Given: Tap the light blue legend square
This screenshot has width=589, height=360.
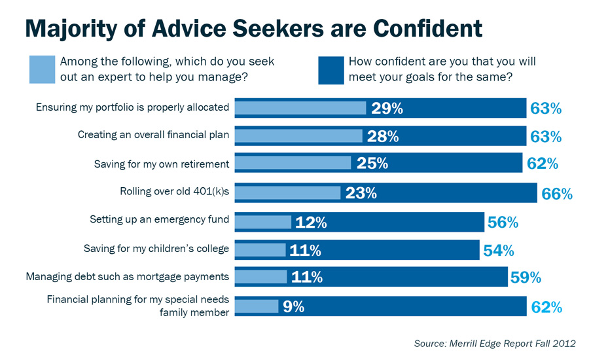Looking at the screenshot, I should point(42,69).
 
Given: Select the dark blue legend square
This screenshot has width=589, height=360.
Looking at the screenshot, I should point(330,69).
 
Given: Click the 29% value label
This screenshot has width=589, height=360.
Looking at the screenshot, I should point(387,108).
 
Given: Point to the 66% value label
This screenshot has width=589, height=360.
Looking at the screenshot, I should point(556,193).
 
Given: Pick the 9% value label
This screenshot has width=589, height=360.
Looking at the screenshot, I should point(293,306).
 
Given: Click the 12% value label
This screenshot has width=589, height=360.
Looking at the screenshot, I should point(311,222).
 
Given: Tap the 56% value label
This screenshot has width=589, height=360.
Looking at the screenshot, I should point(503,222).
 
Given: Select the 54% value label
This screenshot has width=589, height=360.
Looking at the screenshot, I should point(498,249).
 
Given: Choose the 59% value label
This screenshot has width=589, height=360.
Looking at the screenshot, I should point(526,277).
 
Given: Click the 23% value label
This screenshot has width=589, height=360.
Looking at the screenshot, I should point(361,193).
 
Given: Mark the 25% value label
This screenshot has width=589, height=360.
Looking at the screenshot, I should point(372,163).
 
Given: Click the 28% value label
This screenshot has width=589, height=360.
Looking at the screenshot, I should point(383,136).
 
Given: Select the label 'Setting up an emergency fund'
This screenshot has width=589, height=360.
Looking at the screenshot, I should point(159,220).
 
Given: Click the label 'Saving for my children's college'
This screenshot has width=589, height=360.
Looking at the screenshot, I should point(156,248).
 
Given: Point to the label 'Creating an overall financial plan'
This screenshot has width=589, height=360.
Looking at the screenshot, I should point(153,135).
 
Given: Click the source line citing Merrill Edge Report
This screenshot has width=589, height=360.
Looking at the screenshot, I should point(495,343).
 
